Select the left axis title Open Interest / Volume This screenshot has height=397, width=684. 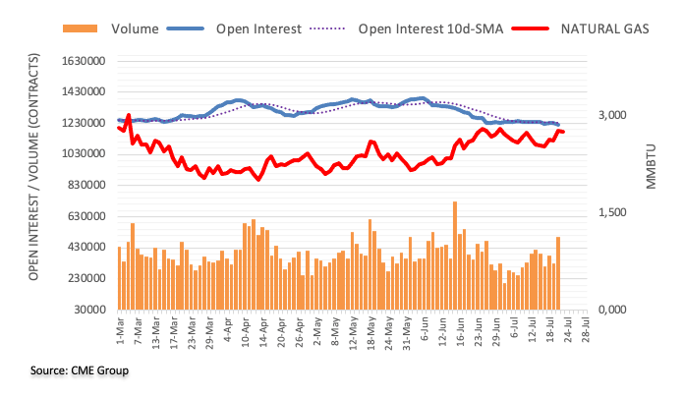pos(34,184)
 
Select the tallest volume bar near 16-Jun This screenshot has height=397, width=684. pos(454,255)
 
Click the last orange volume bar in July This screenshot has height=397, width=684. pos(558,273)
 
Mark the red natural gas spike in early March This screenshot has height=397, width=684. pos(128,115)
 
